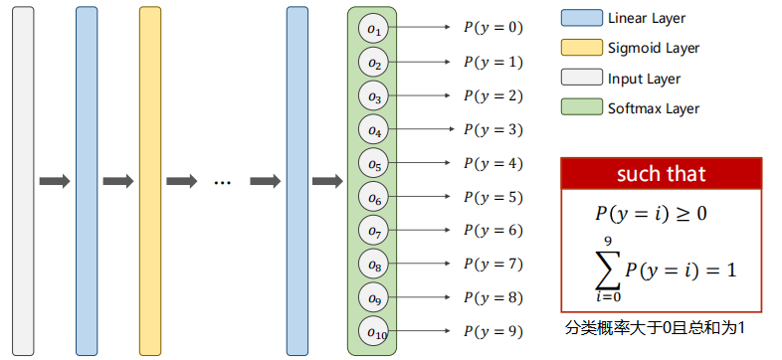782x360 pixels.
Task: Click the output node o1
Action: tap(373, 30)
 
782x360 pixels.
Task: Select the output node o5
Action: tap(373, 164)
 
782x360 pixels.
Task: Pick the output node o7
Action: tap(373, 232)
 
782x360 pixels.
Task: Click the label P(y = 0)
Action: tap(492, 28)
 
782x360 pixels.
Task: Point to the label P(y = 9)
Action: tap(492, 331)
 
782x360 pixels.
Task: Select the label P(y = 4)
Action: tap(492, 163)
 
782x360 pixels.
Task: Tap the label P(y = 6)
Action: tap(492, 230)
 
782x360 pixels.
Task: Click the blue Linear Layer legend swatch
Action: tap(580, 18)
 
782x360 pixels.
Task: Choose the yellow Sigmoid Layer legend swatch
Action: tap(580, 48)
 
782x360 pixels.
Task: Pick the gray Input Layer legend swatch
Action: tap(580, 78)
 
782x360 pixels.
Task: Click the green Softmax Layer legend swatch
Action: tap(580, 107)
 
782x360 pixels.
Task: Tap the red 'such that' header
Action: tap(661, 175)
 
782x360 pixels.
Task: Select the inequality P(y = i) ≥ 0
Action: tap(651, 213)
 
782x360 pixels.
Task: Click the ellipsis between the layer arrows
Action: tap(222, 181)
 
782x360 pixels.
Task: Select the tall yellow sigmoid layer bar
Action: tap(149, 180)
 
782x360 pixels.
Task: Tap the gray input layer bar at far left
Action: tap(22, 180)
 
